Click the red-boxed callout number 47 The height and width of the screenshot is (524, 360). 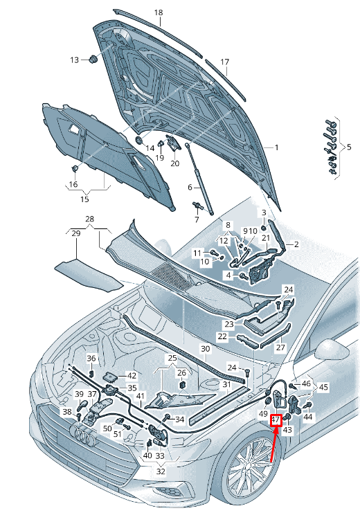click(x=276, y=419)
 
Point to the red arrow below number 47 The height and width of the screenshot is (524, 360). click(x=274, y=444)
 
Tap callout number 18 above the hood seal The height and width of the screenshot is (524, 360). click(x=159, y=12)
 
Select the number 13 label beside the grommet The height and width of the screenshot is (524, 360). click(x=74, y=60)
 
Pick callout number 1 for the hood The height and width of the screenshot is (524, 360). click(x=276, y=147)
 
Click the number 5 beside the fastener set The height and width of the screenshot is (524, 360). click(x=349, y=147)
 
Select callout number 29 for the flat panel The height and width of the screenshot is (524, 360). click(x=76, y=233)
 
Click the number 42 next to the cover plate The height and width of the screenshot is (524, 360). click(x=132, y=376)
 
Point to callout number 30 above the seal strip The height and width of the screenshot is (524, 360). click(x=205, y=349)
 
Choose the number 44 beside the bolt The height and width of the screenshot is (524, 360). click(x=307, y=417)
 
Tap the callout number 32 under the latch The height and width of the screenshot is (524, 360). click(x=161, y=471)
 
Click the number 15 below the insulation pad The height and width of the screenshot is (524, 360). click(x=84, y=199)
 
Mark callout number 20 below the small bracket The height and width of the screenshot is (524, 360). click(x=175, y=163)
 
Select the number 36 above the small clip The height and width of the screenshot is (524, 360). click(x=91, y=359)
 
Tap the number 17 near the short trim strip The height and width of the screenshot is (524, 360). click(x=225, y=62)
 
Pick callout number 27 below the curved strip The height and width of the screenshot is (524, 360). click(x=280, y=347)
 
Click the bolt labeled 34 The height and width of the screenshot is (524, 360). click(x=167, y=417)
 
